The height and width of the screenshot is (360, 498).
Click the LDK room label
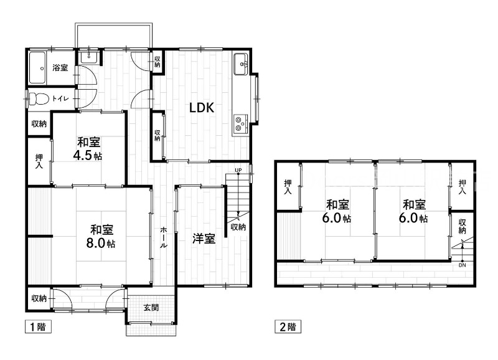click(x=202, y=108)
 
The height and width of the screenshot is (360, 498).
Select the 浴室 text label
click(x=60, y=68)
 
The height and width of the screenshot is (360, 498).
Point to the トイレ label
click(x=61, y=98)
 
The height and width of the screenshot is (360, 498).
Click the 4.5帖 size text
click(x=90, y=155)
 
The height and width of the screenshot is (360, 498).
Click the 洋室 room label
click(x=204, y=238)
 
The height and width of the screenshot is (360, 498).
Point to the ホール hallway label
click(x=163, y=237)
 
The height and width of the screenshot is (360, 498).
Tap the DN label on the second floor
click(x=461, y=265)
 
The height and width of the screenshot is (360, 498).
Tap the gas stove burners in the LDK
click(x=240, y=124)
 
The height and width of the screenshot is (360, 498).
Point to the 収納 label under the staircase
click(x=238, y=227)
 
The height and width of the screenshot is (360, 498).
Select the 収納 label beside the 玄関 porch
click(x=38, y=298)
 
